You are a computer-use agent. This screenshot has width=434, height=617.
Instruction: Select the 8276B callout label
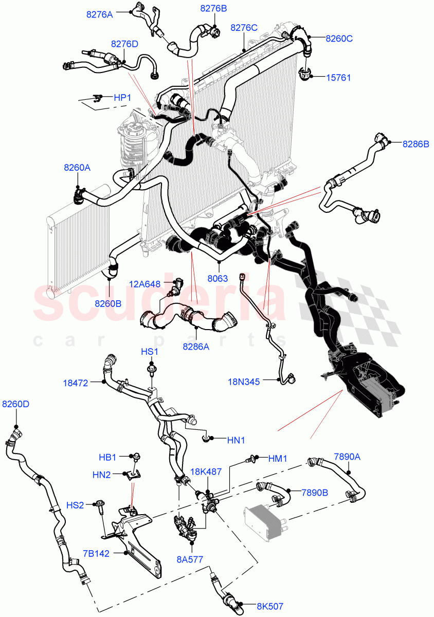[x=213, y=8]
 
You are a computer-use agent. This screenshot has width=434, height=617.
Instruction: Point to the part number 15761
[x=339, y=78]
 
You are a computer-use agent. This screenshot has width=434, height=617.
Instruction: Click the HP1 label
[x=122, y=97]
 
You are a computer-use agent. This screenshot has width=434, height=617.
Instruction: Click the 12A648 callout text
[x=144, y=283]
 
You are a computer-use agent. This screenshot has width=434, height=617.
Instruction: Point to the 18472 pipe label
[x=76, y=383]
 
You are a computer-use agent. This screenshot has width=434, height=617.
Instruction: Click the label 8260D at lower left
[x=16, y=404]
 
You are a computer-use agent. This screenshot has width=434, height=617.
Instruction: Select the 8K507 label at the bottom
[x=270, y=607]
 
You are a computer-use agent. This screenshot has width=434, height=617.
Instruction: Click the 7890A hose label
[x=347, y=456]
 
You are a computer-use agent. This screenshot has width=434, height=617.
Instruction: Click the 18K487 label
[x=207, y=471]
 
